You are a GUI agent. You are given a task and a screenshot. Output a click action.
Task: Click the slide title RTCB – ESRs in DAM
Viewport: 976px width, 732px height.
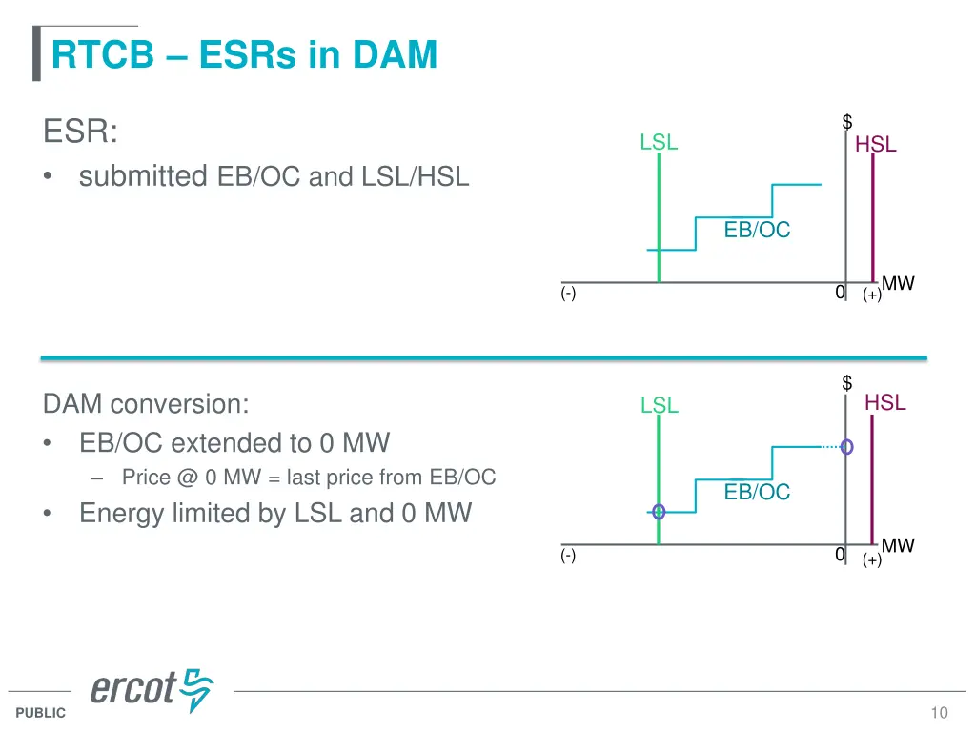tap(244, 55)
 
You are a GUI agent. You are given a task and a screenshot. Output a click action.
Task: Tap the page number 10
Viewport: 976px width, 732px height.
tap(940, 713)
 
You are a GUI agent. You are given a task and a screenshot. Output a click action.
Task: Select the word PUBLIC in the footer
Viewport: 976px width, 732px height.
tap(41, 713)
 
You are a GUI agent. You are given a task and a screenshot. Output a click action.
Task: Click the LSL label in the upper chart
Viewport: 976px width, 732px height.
tap(659, 143)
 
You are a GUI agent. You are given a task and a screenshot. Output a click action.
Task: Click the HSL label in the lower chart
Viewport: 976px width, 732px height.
tap(884, 403)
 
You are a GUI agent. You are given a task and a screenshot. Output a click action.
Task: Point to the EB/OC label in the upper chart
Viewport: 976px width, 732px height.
tap(757, 230)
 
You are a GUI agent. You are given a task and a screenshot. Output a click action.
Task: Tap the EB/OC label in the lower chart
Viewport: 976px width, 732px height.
tap(757, 492)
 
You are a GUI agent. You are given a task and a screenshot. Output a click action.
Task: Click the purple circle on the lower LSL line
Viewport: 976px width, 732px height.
tap(659, 512)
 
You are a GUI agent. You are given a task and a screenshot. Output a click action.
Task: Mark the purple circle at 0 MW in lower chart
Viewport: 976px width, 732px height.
tap(846, 446)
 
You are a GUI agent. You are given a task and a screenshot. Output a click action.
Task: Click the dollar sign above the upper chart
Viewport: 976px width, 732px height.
tap(846, 122)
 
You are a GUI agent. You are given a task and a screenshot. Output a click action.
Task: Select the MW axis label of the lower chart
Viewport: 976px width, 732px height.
tap(898, 546)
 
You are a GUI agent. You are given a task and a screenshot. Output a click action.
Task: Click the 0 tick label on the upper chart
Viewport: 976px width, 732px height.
tap(839, 293)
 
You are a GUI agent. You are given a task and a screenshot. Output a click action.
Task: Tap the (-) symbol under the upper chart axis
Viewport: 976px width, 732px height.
tap(568, 295)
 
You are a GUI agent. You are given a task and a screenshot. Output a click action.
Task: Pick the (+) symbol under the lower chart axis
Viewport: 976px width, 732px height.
tap(871, 560)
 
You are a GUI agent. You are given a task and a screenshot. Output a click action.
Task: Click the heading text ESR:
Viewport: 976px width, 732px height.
tap(81, 132)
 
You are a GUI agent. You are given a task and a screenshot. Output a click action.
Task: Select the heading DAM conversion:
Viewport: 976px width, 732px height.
tap(146, 404)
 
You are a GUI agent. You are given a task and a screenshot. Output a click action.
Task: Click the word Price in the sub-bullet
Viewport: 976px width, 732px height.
tap(146, 478)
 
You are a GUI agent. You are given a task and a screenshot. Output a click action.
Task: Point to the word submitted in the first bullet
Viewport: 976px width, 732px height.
tap(143, 176)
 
